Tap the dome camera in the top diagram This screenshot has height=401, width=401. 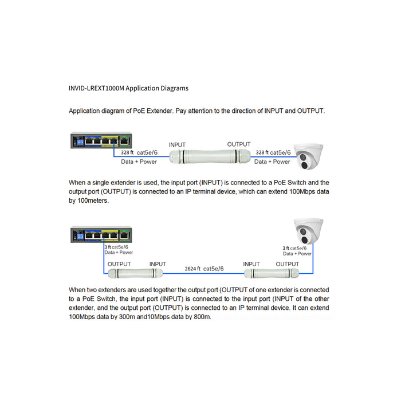(309, 155)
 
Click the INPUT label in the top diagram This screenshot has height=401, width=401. (177, 144)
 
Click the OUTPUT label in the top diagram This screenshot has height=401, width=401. (239, 144)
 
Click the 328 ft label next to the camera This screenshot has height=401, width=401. (261, 153)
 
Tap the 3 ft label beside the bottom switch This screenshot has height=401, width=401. (108, 247)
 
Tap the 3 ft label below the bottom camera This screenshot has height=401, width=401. (285, 248)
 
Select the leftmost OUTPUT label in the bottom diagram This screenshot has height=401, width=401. (120, 264)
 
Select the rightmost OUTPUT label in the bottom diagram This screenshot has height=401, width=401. (287, 264)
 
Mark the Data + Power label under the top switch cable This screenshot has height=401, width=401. (139, 162)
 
